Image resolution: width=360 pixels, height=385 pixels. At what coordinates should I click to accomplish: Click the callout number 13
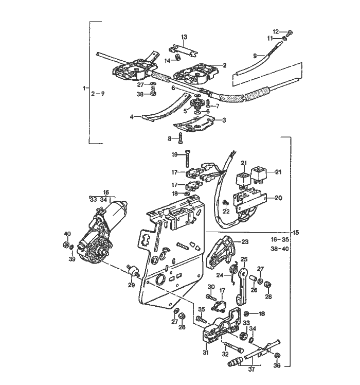pyautogui.click(x=184, y=37)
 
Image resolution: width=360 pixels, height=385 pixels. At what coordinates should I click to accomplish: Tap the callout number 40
pyautogui.click(x=67, y=234)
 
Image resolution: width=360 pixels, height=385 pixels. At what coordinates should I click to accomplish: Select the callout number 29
pyautogui.click(x=131, y=285)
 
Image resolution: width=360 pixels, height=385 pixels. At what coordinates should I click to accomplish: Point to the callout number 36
pyautogui.click(x=277, y=365)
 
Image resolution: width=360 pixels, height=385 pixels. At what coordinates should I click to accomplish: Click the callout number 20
pyautogui.click(x=278, y=198)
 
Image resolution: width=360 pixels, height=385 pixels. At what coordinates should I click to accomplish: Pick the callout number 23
pyautogui.click(x=245, y=242)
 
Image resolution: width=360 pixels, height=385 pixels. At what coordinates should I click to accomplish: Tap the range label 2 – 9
pyautogui.click(x=98, y=94)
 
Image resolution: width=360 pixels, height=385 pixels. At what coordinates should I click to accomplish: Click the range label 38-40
pyautogui.click(x=280, y=249)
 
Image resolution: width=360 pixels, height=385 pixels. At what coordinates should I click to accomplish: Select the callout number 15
pyautogui.click(x=296, y=232)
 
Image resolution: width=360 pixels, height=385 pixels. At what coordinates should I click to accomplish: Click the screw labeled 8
pyautogui.click(x=181, y=138)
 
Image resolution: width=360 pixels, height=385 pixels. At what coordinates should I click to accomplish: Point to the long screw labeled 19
pyautogui.click(x=188, y=159)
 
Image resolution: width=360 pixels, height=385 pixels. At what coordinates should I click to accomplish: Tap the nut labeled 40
pyautogui.click(x=65, y=244)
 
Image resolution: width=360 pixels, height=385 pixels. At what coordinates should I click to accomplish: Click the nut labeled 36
pyautogui.click(x=278, y=356)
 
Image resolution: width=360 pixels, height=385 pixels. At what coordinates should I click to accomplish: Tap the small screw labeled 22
pyautogui.click(x=225, y=203)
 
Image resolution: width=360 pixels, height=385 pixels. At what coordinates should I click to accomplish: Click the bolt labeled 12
pyautogui.click(x=290, y=32)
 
